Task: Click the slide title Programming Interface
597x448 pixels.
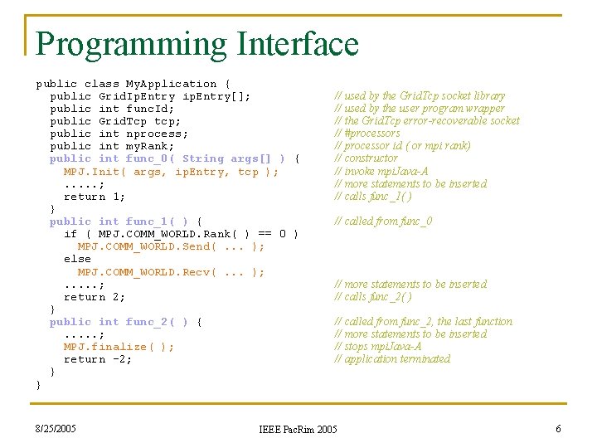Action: tap(197, 44)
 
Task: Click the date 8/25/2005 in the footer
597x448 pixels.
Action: tap(56, 428)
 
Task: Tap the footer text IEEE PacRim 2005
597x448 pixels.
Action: tap(298, 429)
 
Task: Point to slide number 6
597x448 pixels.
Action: tap(558, 428)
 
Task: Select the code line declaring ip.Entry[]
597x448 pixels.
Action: tap(150, 96)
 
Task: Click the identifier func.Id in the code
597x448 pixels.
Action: tap(150, 109)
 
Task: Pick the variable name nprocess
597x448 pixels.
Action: tap(157, 134)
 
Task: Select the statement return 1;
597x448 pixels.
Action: tap(95, 197)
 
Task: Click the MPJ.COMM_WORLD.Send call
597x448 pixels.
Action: tap(171, 246)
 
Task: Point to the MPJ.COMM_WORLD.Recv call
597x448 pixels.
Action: tap(171, 271)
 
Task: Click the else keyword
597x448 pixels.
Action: tap(77, 259)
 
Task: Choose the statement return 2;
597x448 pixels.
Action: tap(95, 297)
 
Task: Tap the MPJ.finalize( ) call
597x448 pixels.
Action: tap(119, 347)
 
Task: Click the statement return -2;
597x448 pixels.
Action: tap(98, 359)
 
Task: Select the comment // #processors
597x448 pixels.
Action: tap(366, 133)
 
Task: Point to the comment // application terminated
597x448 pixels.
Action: tap(392, 358)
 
